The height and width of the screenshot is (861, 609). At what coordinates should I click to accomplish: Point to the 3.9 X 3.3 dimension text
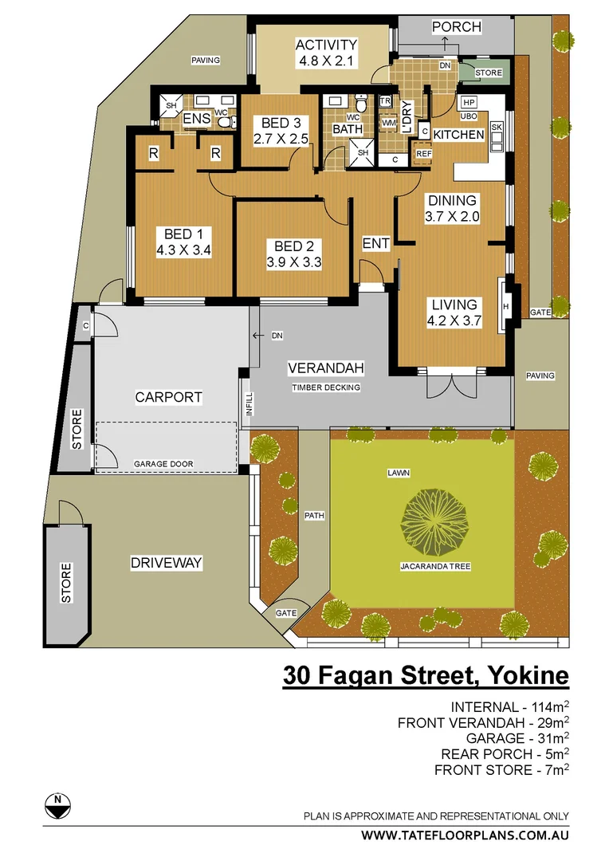pyautogui.click(x=293, y=261)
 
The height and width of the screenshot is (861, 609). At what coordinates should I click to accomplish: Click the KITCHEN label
pyautogui.click(x=458, y=135)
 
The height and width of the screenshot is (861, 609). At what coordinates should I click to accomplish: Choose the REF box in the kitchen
pyautogui.click(x=423, y=154)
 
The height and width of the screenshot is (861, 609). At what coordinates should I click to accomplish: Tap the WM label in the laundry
pyautogui.click(x=389, y=124)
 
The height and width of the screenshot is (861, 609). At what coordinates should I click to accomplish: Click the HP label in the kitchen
pyautogui.click(x=468, y=103)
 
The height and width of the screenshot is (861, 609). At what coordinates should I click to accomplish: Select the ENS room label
pyautogui.click(x=196, y=120)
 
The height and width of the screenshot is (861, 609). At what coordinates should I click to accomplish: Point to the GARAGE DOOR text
pyautogui.click(x=163, y=464)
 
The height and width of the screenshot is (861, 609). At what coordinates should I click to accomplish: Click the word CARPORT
pyautogui.click(x=168, y=397)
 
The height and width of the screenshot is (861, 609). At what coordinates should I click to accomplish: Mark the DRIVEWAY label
pyautogui.click(x=166, y=563)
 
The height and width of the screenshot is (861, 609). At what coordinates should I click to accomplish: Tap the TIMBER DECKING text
pyautogui.click(x=326, y=387)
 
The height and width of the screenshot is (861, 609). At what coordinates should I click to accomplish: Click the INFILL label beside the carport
pyautogui.click(x=248, y=405)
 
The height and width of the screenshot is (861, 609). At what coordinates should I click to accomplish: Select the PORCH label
pyautogui.click(x=456, y=27)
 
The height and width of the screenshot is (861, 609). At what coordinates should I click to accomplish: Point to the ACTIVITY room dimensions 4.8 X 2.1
pyautogui.click(x=326, y=60)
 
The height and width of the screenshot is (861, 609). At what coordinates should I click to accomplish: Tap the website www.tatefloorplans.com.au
pyautogui.click(x=465, y=835)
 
